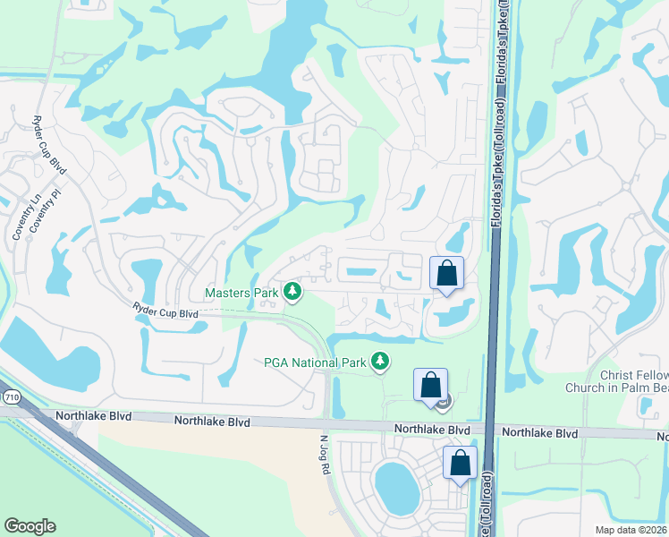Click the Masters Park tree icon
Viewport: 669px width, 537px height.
pyautogui.click(x=292, y=292)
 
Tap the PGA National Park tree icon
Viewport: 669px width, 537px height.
pyautogui.click(x=381, y=362)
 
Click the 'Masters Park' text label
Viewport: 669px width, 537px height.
pyautogui.click(x=241, y=293)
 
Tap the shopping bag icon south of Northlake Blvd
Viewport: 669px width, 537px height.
pyautogui.click(x=460, y=464)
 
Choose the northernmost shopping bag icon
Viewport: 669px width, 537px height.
pyautogui.click(x=447, y=273)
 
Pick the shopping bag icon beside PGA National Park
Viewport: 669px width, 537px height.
pyautogui.click(x=430, y=385)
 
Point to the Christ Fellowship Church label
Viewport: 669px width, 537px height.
pyautogui.click(x=617, y=381)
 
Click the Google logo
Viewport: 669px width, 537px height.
pyautogui.click(x=30, y=526)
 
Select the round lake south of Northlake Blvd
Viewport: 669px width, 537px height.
pyautogui.click(x=396, y=487)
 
